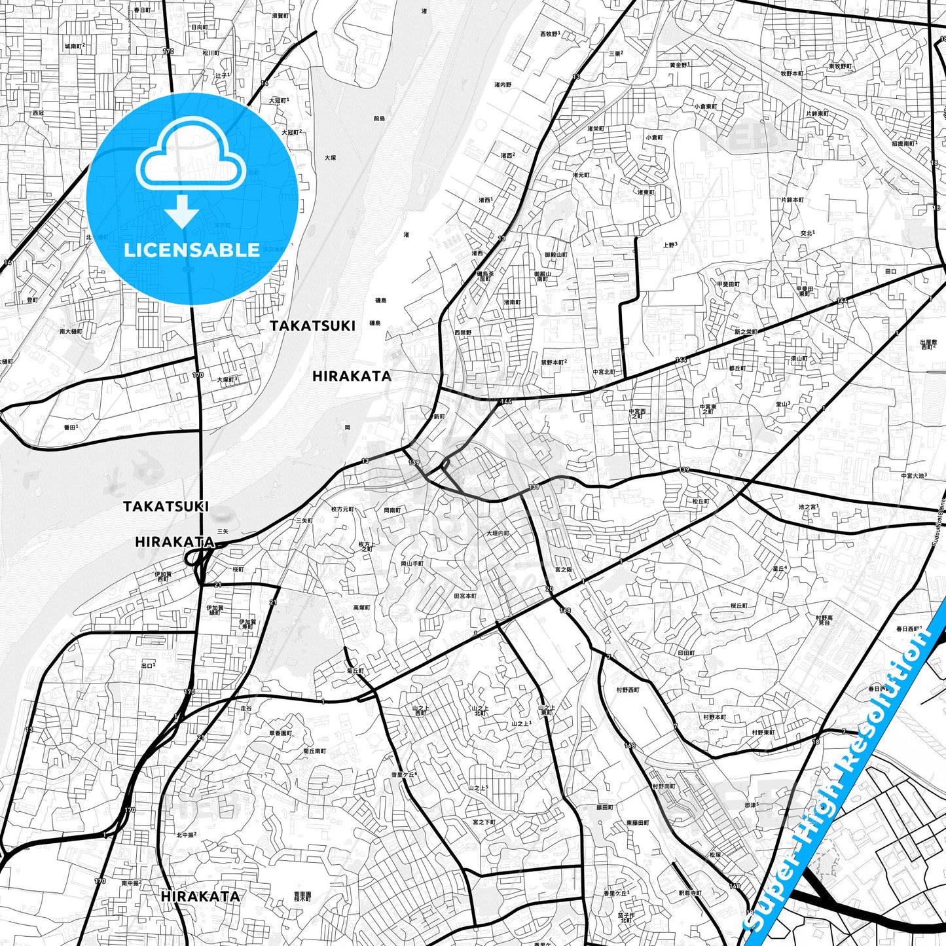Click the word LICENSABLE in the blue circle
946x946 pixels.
(192, 249)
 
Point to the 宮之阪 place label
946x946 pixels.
(563, 570)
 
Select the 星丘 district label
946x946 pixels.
(779, 568)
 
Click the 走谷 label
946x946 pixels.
(246, 708)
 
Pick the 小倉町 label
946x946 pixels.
(654, 137)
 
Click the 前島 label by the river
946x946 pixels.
(379, 118)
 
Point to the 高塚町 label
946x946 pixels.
(362, 608)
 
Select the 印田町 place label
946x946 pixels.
(686, 653)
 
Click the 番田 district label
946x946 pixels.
(71, 427)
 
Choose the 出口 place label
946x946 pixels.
(148, 666)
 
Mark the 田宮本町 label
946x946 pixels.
(465, 596)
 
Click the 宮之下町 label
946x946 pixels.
(484, 822)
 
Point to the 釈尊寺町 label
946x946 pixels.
(690, 893)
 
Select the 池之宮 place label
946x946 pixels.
(809, 507)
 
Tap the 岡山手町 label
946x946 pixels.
(412, 563)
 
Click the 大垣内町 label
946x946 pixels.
(498, 534)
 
